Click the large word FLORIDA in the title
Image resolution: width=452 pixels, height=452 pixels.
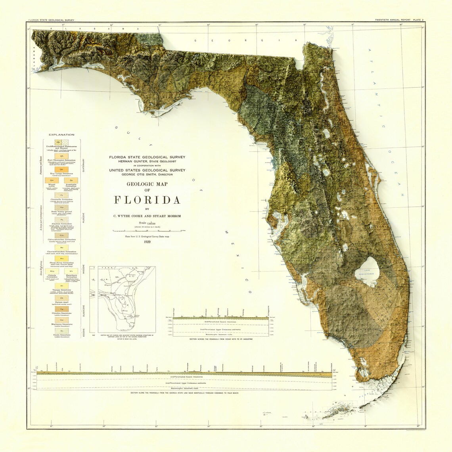click(147, 199)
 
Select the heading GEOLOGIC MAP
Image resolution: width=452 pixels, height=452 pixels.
click(147, 184)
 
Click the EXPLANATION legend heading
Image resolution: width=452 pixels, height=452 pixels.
click(61, 135)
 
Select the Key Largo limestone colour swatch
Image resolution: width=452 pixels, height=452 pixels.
click(61, 169)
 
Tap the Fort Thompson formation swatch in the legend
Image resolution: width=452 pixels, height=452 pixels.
click(61, 156)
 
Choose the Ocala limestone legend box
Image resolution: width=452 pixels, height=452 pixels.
click(61, 330)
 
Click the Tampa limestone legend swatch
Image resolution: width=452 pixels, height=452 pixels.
click(61, 286)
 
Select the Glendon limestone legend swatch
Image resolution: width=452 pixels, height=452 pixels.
click(61, 308)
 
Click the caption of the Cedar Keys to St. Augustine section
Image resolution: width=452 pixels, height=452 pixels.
click(220, 339)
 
